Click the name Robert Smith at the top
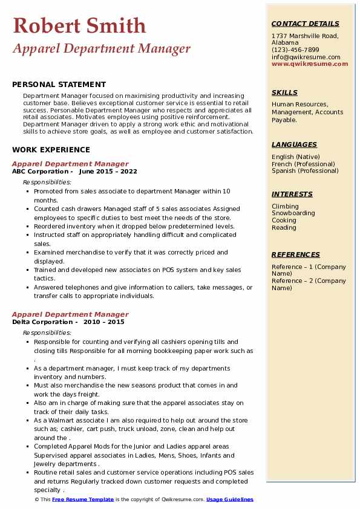[x=79, y=25]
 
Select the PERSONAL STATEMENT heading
[x=59, y=85]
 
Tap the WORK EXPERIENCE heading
[x=51, y=149]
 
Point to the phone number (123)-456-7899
[x=295, y=50]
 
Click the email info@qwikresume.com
[x=306, y=57]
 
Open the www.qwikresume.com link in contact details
[x=306, y=63]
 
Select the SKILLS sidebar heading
[x=284, y=92]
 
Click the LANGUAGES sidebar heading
[x=294, y=144]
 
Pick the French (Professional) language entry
[x=303, y=164]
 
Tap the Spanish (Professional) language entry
[x=305, y=170]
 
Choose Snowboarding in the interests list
[x=293, y=213]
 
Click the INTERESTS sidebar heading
[x=292, y=194]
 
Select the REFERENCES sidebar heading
[x=296, y=254]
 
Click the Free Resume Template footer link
[x=83, y=500]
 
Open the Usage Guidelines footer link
[x=230, y=500]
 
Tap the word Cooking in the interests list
[x=284, y=221]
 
